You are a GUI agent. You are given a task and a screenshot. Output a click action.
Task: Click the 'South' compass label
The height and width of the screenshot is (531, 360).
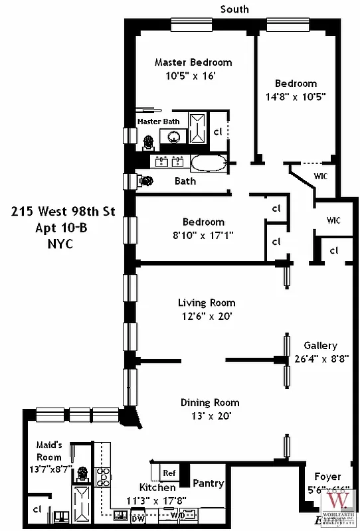(234, 9)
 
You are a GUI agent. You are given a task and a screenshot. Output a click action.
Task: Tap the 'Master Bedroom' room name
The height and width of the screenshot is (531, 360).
(193, 62)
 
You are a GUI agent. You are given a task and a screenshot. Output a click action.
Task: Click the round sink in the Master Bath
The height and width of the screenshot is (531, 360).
(175, 137)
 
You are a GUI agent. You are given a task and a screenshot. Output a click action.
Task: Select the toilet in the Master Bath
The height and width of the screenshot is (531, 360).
(148, 141)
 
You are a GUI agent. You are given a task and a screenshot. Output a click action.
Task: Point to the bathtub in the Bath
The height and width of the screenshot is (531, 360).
(208, 163)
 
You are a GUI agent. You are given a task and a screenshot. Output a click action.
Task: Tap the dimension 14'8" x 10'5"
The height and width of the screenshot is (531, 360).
(296, 96)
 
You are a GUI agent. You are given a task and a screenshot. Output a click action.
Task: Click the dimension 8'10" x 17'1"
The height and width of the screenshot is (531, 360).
(203, 234)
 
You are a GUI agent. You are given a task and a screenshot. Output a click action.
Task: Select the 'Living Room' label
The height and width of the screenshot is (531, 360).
(207, 303)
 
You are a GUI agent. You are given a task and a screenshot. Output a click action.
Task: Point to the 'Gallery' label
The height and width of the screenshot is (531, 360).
(321, 346)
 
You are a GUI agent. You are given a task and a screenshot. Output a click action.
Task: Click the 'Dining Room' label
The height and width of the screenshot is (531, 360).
(210, 403)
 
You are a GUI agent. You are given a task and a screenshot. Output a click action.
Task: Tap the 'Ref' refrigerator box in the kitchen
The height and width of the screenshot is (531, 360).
(169, 473)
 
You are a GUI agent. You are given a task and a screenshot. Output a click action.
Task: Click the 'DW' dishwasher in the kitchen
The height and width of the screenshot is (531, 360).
(137, 518)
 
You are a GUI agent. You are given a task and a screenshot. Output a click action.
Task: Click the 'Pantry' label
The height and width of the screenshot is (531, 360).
(208, 483)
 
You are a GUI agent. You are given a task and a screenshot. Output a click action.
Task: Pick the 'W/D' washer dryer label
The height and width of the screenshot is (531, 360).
(176, 514)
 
